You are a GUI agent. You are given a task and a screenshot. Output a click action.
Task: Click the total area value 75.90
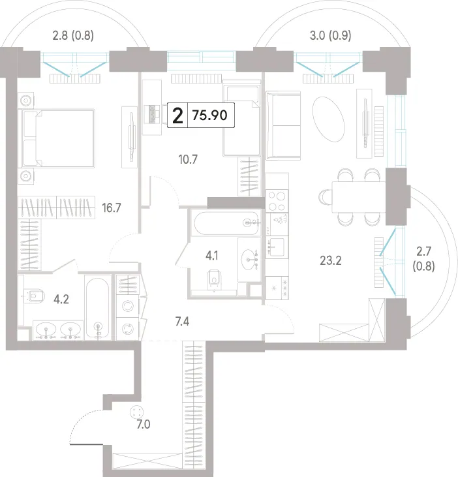(209, 115)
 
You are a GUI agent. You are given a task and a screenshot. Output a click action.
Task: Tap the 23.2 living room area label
(331, 261)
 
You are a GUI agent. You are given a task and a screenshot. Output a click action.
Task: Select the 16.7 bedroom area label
(112, 208)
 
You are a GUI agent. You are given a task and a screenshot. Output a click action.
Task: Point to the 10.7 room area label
(188, 159)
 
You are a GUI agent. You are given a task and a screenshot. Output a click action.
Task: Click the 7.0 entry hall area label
(144, 424)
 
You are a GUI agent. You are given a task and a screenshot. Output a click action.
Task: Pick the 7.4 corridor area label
(182, 321)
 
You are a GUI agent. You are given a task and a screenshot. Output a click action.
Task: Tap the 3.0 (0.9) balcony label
(331, 36)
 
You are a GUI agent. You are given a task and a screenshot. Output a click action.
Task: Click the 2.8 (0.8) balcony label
(73, 36)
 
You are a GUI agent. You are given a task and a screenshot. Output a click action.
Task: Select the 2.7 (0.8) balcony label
(423, 259)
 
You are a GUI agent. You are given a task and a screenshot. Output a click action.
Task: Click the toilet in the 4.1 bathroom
(214, 279)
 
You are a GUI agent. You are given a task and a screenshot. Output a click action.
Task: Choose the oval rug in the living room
(328, 119)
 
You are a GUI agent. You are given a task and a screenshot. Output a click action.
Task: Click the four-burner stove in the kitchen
(277, 200)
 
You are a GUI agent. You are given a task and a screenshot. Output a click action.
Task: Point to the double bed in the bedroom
(57, 138)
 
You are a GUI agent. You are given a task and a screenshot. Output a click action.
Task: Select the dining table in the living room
(359, 197)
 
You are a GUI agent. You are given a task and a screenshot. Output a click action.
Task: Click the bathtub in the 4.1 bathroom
(227, 223)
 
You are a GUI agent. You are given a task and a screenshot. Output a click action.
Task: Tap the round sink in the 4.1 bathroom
(249, 260)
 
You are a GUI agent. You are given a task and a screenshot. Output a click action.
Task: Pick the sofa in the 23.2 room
(283, 125)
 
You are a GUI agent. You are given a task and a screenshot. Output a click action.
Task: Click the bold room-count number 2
(177, 115)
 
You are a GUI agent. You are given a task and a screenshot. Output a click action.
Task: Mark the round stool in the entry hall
(136, 412)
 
